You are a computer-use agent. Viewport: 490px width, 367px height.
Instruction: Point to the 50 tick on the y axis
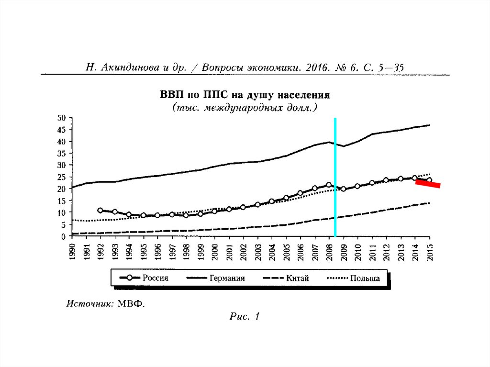(61, 118)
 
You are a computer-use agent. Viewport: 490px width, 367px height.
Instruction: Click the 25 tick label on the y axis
(61, 177)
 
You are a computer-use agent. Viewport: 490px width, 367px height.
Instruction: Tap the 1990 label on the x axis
(72, 252)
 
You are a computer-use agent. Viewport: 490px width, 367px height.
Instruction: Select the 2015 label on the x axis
(430, 252)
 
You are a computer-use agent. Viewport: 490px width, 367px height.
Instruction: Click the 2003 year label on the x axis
(258, 252)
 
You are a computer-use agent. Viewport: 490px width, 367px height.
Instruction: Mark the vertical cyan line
(335, 177)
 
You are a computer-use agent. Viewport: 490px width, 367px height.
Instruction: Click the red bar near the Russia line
(428, 184)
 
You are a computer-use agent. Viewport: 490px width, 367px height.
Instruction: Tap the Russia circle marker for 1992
(100, 210)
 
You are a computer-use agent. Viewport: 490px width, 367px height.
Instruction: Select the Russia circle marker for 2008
(329, 185)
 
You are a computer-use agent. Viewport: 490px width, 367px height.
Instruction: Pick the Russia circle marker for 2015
(429, 180)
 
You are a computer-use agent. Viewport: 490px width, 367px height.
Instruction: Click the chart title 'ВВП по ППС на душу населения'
(245, 95)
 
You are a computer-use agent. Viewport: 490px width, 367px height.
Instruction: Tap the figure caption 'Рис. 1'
(245, 316)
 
